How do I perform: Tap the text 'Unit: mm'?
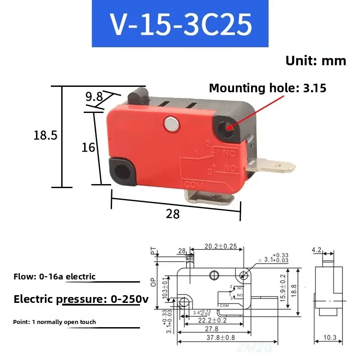pos(316,61)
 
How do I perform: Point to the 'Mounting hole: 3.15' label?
pos(267,88)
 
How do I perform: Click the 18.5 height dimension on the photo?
pos(45,135)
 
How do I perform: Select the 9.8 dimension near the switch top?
pos(94,96)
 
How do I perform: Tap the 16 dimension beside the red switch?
pos(88,147)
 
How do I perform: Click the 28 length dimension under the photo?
pos(173,214)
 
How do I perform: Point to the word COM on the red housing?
pos(194,184)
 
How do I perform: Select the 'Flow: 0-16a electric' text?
pos(54,276)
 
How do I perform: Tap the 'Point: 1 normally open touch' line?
pos(54,322)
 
